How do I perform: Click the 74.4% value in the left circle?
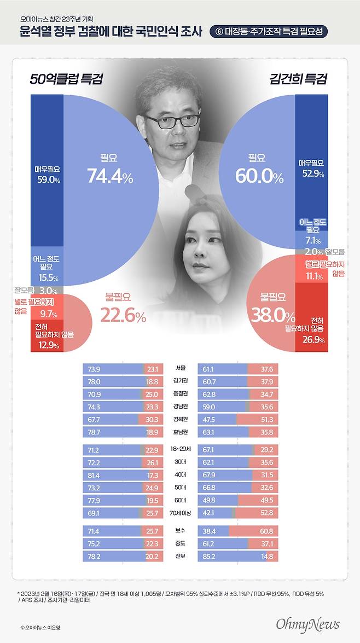109,176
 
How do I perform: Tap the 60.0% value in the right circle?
259,176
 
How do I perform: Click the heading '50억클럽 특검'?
66,79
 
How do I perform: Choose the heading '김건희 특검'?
298,79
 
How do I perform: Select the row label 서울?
180,369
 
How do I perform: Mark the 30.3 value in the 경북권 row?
153,419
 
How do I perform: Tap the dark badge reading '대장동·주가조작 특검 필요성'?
271,32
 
